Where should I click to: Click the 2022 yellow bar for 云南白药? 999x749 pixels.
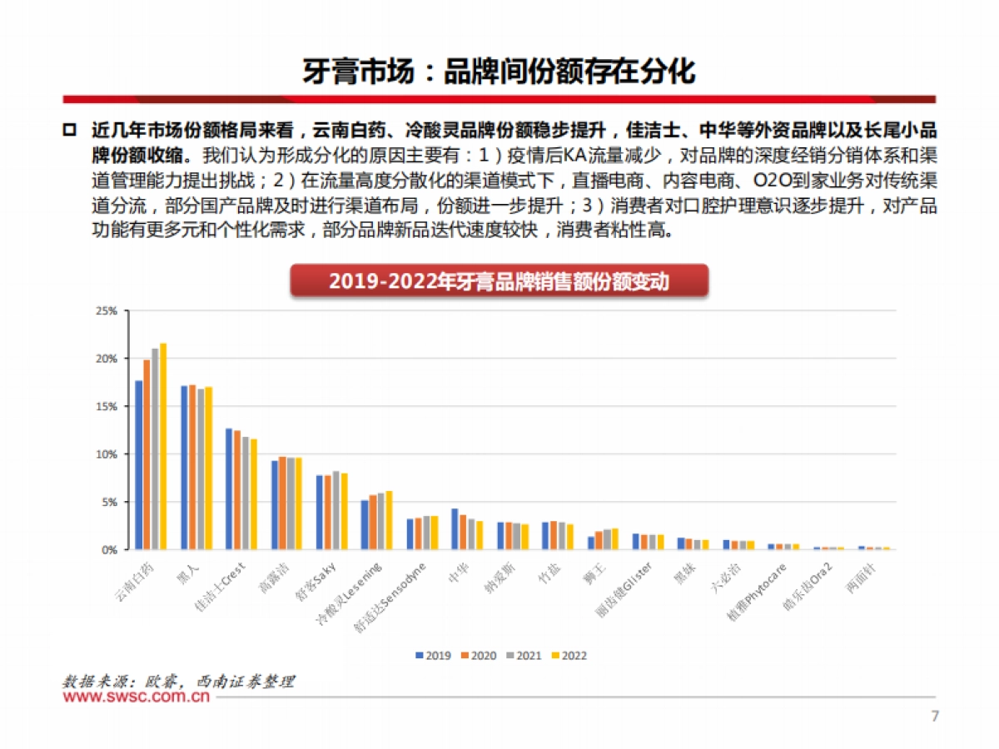point(163,446)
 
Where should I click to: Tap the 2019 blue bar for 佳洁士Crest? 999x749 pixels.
point(229,489)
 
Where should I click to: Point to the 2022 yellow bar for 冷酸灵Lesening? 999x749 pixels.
point(389,520)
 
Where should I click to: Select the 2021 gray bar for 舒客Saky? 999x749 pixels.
point(335,510)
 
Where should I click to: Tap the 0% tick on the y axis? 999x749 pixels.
point(110,550)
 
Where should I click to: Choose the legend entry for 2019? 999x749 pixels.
point(433,656)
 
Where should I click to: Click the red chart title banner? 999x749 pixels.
point(499,281)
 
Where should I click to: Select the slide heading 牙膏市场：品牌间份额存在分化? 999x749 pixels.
point(499,72)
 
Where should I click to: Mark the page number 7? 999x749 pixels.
point(934,717)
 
